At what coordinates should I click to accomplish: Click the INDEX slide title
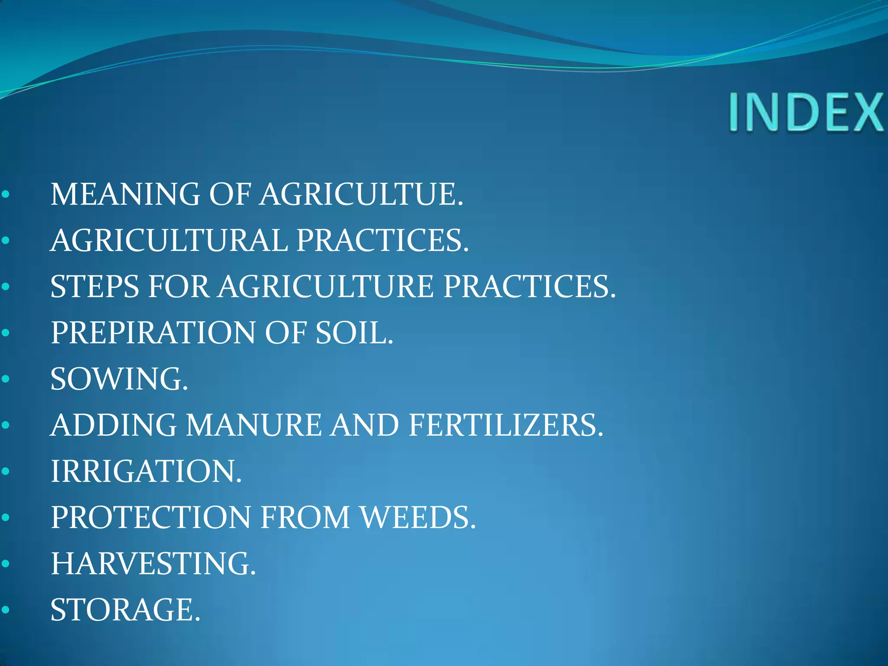point(806,112)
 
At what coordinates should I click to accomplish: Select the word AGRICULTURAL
point(169,240)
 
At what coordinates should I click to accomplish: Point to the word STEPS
point(95,287)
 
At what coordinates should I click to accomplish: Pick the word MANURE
point(254,425)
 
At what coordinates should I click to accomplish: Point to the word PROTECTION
point(151,517)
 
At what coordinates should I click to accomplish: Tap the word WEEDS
point(418,517)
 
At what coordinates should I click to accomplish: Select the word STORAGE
point(125,610)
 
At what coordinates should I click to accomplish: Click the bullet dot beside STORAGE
point(6,610)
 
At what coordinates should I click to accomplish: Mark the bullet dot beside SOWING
point(6,379)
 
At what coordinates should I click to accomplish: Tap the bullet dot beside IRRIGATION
point(6,471)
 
